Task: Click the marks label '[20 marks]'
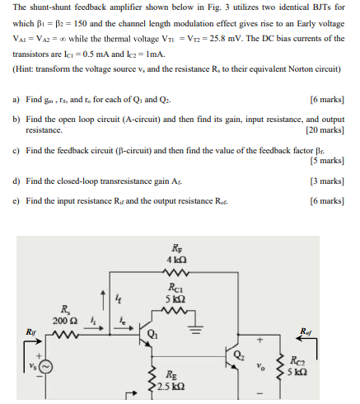(x=329, y=130)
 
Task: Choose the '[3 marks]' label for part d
(x=330, y=180)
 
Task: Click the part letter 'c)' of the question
(x=16, y=151)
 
